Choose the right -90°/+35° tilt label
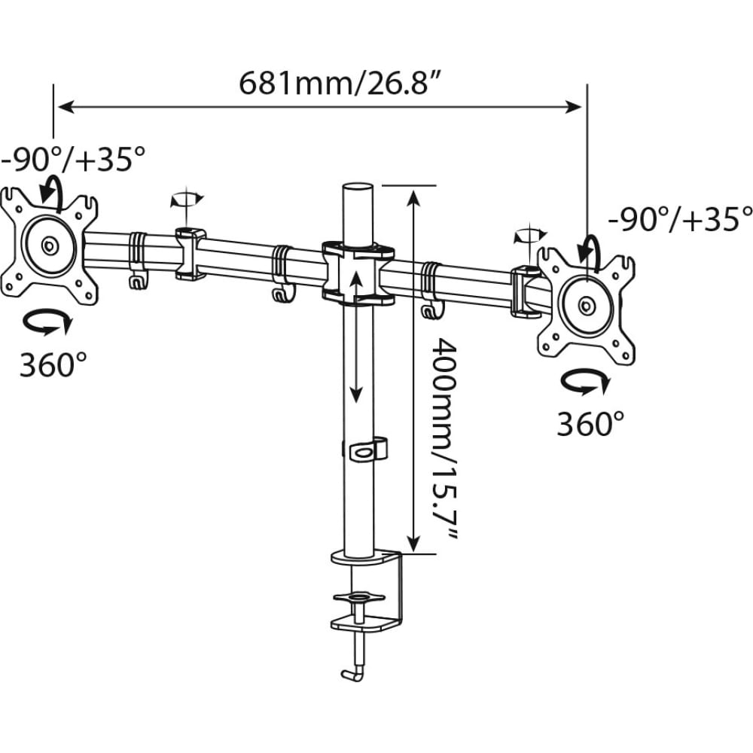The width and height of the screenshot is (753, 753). pyautogui.click(x=680, y=219)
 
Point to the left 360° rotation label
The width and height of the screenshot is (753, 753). pyautogui.click(x=53, y=364)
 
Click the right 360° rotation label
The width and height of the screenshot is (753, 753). pyautogui.click(x=590, y=423)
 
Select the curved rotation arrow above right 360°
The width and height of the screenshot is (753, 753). pyautogui.click(x=586, y=381)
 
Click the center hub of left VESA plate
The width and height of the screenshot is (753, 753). pyautogui.click(x=48, y=246)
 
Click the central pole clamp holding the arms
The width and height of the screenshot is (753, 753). pyautogui.click(x=358, y=273)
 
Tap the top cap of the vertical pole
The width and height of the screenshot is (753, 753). pyautogui.click(x=358, y=187)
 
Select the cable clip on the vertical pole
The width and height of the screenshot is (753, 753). pyautogui.click(x=365, y=449)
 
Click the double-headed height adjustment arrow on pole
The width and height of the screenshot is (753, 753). pyautogui.click(x=355, y=336)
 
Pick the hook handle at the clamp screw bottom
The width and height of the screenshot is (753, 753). pyautogui.click(x=353, y=672)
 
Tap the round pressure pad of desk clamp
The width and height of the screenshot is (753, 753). pyautogui.click(x=358, y=598)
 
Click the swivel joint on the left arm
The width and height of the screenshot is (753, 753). pyautogui.click(x=191, y=254)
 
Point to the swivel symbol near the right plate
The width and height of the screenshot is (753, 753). pyautogui.click(x=530, y=235)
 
